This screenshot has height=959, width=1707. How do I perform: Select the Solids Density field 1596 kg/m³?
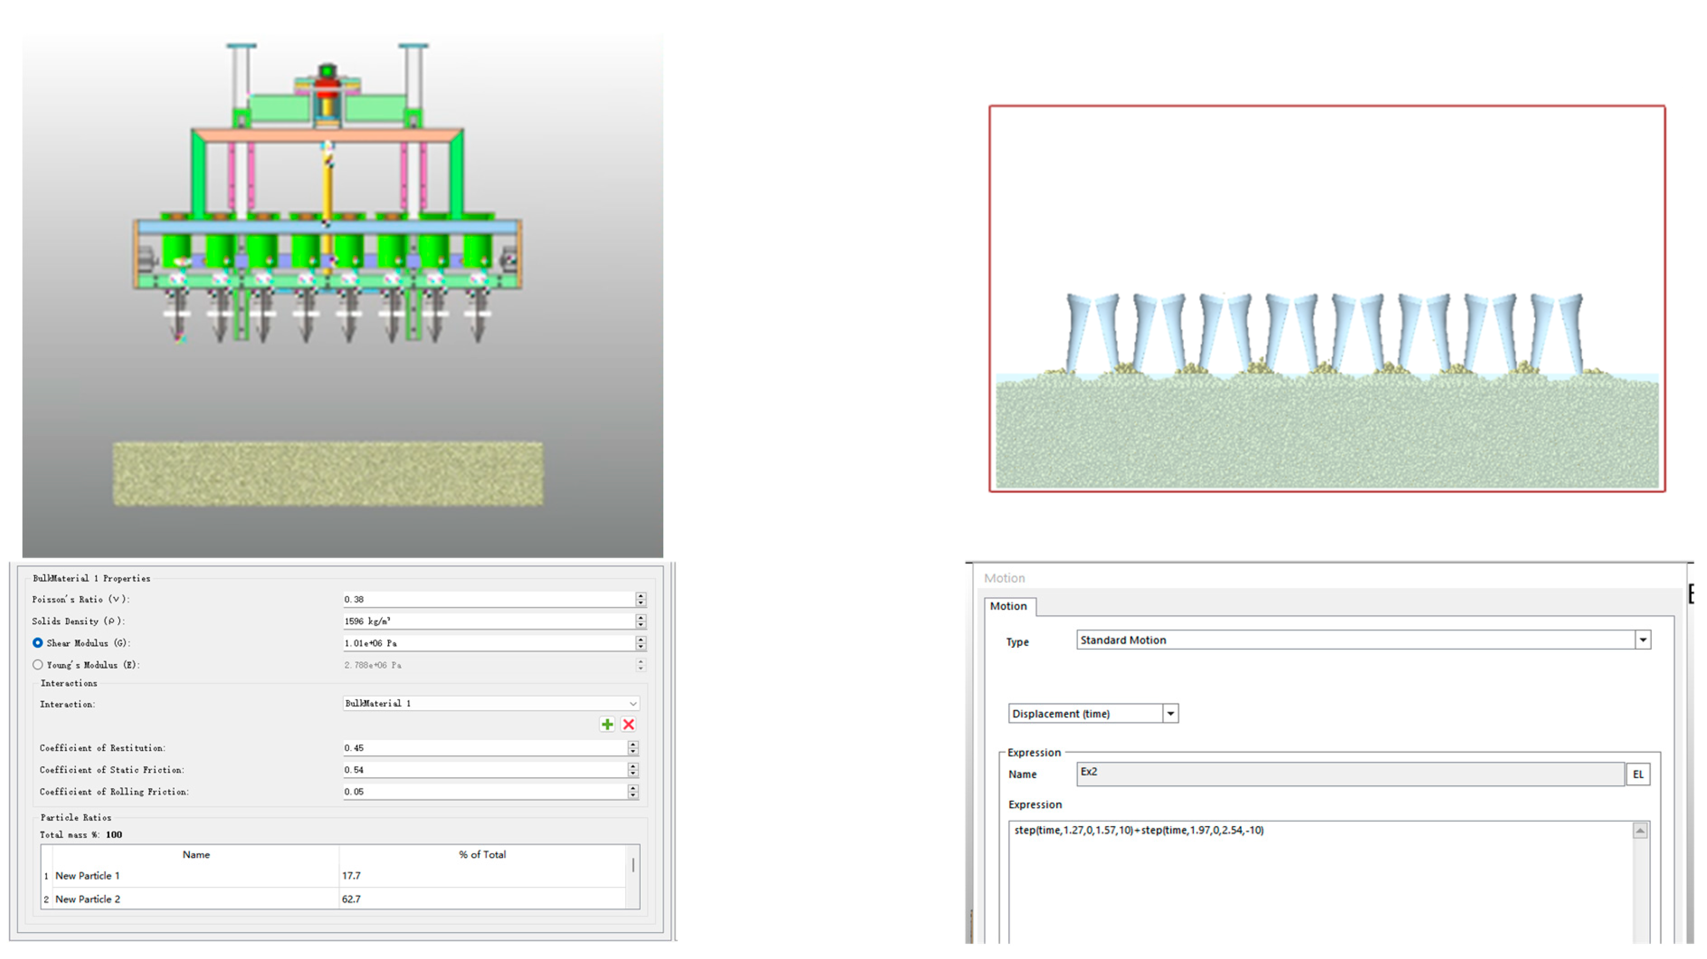point(488,621)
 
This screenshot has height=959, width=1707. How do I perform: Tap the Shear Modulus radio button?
point(38,643)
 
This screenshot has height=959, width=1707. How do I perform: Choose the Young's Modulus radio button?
point(38,665)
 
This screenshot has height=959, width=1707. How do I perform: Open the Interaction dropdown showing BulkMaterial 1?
point(491,703)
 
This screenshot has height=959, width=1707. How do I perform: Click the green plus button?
point(607,724)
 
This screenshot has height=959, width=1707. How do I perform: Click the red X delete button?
point(629,724)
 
